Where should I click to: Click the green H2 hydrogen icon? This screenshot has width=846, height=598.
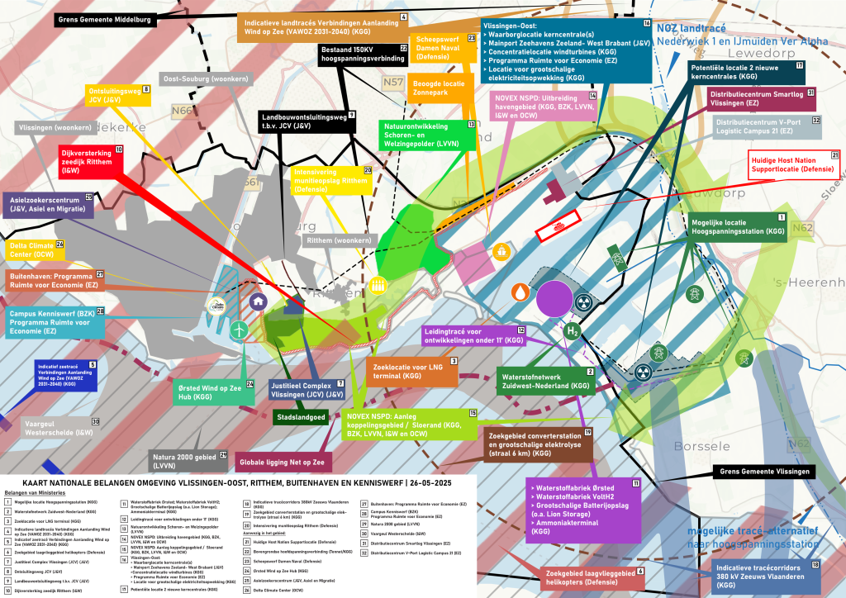tap(571, 331)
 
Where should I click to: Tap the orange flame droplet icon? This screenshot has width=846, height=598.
tap(520, 292)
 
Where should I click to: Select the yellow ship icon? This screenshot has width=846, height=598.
tap(501, 250)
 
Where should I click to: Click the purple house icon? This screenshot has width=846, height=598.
tap(259, 302)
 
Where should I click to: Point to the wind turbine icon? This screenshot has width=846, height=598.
tap(238, 329)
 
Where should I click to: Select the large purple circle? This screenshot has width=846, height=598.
tap(554, 298)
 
